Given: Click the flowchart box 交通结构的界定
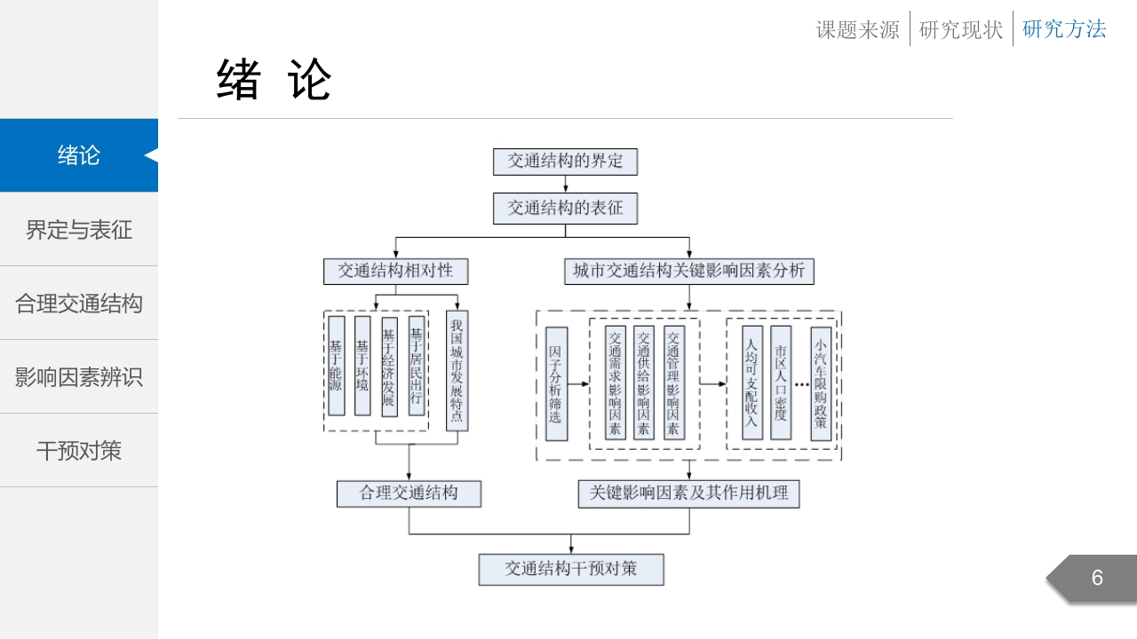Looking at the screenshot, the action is coord(565,162).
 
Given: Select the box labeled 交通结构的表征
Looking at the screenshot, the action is coord(565,208).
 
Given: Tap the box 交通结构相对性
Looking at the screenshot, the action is coord(395,272).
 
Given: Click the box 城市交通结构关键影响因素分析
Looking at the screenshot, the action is coord(688,272).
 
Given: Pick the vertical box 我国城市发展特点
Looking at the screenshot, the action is coord(457,371).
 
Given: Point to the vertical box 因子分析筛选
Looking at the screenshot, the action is coord(556,384).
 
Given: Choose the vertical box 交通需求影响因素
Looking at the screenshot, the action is coord(616,383).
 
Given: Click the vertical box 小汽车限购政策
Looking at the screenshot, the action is coord(821,383).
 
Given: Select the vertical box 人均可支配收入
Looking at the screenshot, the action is coord(751,383).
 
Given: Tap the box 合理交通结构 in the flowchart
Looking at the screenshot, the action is coord(409,493).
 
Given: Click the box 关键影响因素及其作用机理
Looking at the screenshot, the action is coord(688,493).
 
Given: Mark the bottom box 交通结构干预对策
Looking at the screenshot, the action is coord(571,570).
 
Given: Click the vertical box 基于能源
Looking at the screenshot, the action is coord(336,366).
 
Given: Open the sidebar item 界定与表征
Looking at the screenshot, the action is coord(79,229).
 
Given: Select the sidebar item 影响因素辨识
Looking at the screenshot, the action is coord(79,377).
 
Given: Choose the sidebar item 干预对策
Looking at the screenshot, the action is coord(79,450).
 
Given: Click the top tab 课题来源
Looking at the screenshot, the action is coord(857,29).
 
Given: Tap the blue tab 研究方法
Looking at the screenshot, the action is coord(1064,29).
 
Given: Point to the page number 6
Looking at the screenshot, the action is coord(1097,578).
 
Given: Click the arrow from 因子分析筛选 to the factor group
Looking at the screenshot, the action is coord(578,384).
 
